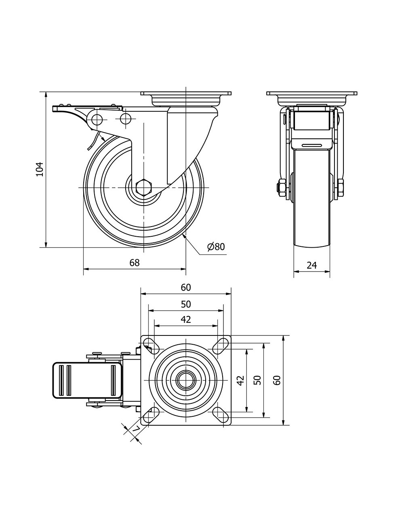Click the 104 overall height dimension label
39,169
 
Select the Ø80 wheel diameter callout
216,247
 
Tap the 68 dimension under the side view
134,263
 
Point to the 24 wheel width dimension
311,265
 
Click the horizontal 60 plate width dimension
185,288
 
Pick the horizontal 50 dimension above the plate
185,304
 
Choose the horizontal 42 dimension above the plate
185,320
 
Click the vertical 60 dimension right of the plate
277,380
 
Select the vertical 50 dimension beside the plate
258,380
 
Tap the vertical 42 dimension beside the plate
240,380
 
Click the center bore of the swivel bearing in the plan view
186,380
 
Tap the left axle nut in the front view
281,188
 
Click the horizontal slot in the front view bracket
312,145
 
